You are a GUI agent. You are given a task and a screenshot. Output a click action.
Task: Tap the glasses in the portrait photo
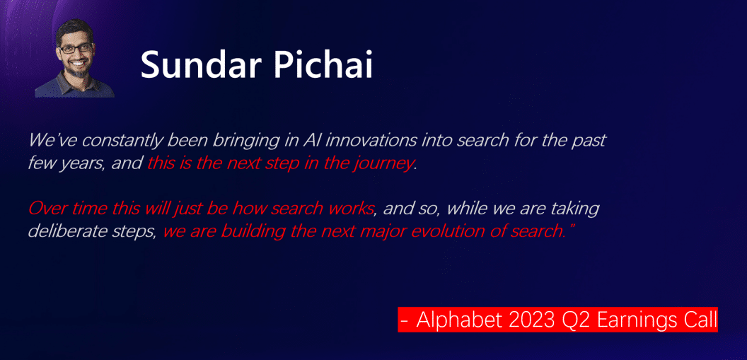point(76,48)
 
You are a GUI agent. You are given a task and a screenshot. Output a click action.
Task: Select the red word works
point(352,209)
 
